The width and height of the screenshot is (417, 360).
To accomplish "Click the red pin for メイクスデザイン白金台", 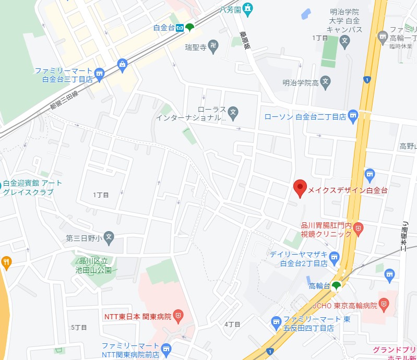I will tap(300, 187).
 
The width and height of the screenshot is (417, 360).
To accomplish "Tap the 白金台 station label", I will tap(164, 28).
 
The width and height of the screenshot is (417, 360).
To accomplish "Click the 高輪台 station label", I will tap(319, 285).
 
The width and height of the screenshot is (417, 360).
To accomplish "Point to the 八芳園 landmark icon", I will tap(247, 8).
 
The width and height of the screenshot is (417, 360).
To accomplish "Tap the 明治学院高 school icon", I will tap(326, 81).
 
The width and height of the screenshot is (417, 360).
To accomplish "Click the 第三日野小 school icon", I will tap(109, 238).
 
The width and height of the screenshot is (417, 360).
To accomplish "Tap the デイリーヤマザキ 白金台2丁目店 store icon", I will tap(334, 255).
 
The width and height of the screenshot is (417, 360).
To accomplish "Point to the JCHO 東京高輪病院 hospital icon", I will tap(384, 304).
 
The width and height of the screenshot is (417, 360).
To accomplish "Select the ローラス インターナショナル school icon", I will tap(233, 111).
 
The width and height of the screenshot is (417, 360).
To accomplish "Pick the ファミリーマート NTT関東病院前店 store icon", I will tap(166, 348).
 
